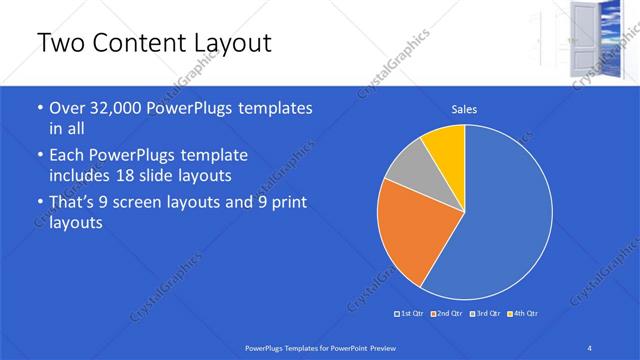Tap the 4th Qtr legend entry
pos(521,314)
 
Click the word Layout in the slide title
pos(231,43)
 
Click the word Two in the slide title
pos(58,43)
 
